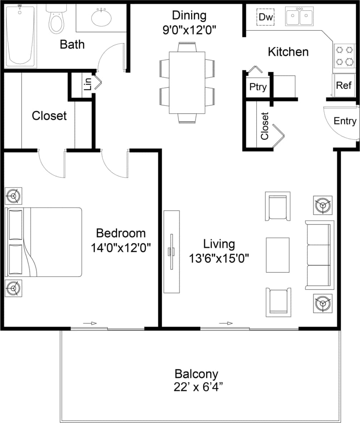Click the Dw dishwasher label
point(265,17)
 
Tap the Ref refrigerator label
point(344,86)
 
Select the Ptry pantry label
point(258,87)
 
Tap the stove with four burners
point(344,56)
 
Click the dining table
point(187,82)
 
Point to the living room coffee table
point(277,254)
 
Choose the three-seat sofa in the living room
point(319,255)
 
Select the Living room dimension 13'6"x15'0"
point(219,257)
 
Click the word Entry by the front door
point(345,121)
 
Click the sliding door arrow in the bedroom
point(90,323)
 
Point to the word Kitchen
point(288,52)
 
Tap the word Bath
point(72,44)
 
